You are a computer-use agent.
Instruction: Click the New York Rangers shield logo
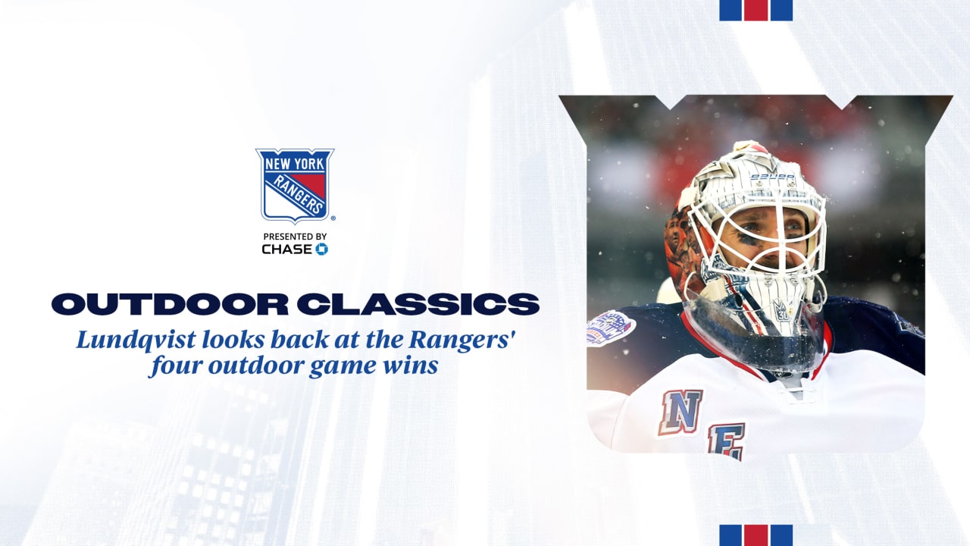coord(295,186)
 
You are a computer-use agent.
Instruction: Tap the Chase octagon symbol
coord(321,249)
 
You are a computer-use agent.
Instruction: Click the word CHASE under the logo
coord(287,249)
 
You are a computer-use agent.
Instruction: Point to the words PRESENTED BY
coord(295,237)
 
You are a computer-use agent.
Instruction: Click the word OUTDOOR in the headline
coord(170,304)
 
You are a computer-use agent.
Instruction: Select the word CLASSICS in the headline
coord(418,304)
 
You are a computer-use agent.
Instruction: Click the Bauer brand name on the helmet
coord(772,177)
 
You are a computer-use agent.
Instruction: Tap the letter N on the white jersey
coord(681,412)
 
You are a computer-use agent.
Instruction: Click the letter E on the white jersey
coord(726,441)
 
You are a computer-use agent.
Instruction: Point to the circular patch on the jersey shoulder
coord(611,328)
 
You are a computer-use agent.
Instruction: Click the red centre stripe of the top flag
coord(756,10)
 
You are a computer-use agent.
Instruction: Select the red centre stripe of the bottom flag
coord(756,535)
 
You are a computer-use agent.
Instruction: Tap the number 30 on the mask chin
coord(782,315)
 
